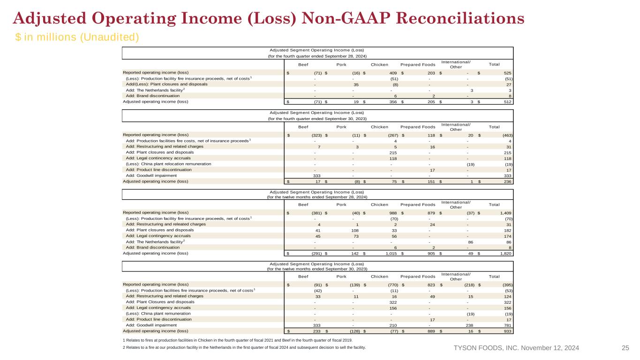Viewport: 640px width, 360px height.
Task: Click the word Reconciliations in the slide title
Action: pos(460,18)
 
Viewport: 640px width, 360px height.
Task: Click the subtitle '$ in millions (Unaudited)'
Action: pos(77,37)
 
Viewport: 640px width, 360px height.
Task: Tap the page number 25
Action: pos(625,348)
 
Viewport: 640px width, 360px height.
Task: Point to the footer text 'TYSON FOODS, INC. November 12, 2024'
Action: pos(516,348)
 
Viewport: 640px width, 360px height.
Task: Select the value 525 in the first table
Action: pos(507,73)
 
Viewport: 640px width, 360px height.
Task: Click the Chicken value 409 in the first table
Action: pos(393,73)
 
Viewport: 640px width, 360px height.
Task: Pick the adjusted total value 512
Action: pos(507,102)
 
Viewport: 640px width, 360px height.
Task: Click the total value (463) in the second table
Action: pos(507,135)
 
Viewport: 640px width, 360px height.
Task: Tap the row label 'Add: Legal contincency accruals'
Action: pos(158,158)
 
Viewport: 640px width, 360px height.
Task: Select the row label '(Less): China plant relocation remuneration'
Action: pos(168,164)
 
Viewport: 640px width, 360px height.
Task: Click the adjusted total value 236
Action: pos(507,182)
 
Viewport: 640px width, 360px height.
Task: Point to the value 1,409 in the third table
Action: pos(506,213)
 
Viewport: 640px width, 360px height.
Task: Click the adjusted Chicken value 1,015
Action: pos(391,254)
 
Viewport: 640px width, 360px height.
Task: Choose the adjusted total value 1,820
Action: pos(506,254)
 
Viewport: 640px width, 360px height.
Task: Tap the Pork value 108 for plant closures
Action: pos(355,231)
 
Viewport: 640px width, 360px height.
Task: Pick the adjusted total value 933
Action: pos(507,331)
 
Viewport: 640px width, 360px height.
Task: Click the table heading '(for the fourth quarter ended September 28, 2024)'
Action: pos(317,56)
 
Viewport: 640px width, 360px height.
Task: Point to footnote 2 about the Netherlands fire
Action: pos(244,347)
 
